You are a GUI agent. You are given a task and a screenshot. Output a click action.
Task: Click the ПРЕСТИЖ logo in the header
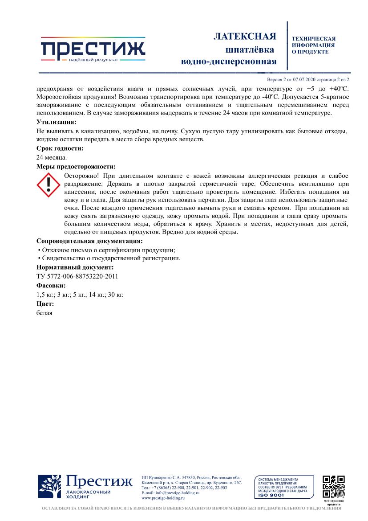[x=93, y=49]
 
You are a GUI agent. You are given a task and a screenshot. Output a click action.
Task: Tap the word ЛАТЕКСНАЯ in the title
[x=245, y=37]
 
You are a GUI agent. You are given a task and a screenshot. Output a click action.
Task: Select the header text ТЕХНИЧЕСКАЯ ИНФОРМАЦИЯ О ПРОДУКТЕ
[x=313, y=45]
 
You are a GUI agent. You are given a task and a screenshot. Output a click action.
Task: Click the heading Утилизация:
[x=56, y=122]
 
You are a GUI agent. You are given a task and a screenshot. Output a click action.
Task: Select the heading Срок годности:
[x=60, y=148]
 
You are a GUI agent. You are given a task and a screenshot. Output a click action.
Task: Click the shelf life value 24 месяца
[x=52, y=157]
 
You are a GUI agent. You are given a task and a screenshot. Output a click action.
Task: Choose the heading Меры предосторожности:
[x=76, y=167]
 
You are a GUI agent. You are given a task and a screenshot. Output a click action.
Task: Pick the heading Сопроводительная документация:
[x=89, y=241]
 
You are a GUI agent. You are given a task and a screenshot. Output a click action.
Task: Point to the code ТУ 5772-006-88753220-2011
[x=77, y=276]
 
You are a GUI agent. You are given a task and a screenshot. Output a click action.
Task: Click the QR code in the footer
[x=334, y=486]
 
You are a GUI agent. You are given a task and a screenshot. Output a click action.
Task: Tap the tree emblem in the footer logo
[x=50, y=487]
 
